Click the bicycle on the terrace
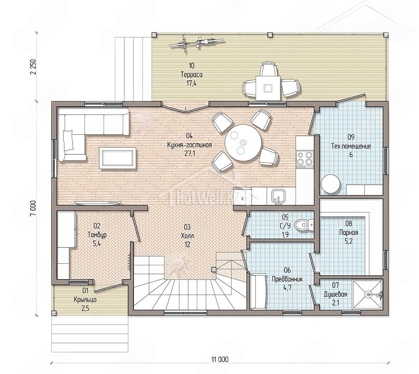click(x=197, y=43)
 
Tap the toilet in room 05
click(x=303, y=224)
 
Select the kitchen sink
click(x=279, y=197)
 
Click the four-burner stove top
click(x=304, y=158)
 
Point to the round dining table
click(x=243, y=143)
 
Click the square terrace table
click(x=268, y=88)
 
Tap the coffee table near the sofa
click(x=117, y=158)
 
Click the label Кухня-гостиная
click(x=189, y=145)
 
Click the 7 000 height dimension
click(x=33, y=208)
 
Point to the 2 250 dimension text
click(x=33, y=67)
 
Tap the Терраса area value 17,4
click(x=191, y=83)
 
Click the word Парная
click(x=348, y=232)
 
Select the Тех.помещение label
click(x=351, y=146)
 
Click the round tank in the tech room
click(x=330, y=184)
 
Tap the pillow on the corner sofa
click(x=68, y=140)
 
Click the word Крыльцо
click(x=85, y=299)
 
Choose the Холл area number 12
click(x=187, y=245)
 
